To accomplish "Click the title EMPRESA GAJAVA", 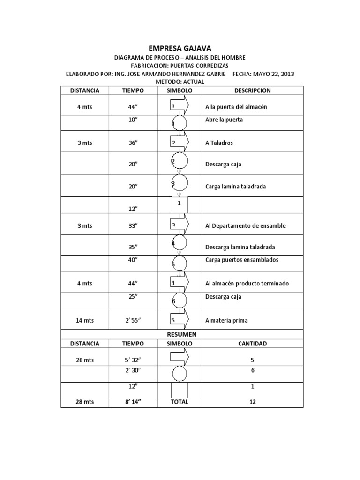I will pyautogui.click(x=180, y=48).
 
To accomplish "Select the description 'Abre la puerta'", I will pyautogui.click(x=224, y=120).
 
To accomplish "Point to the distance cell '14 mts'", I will pyautogui.click(x=85, y=321).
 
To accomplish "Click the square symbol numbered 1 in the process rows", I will pyautogui.click(x=180, y=205).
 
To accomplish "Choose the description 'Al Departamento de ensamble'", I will pyautogui.click(x=245, y=226).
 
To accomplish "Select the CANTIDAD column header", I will pyautogui.click(x=252, y=344).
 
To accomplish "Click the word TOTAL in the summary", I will pyautogui.click(x=180, y=402).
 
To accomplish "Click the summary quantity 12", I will pyautogui.click(x=252, y=402).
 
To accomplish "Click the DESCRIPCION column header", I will pyautogui.click(x=252, y=90).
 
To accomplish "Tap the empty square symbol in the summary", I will pyautogui.click(x=180, y=390).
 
